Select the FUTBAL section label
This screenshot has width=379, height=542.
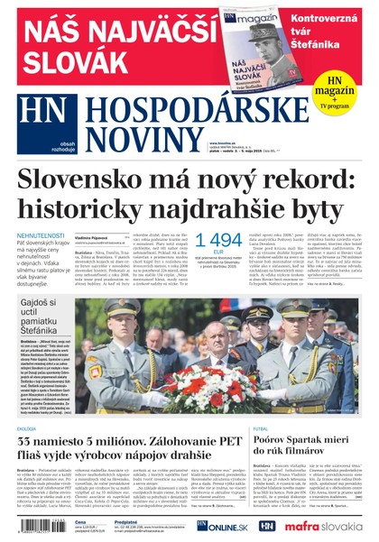(x=262, y=403)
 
